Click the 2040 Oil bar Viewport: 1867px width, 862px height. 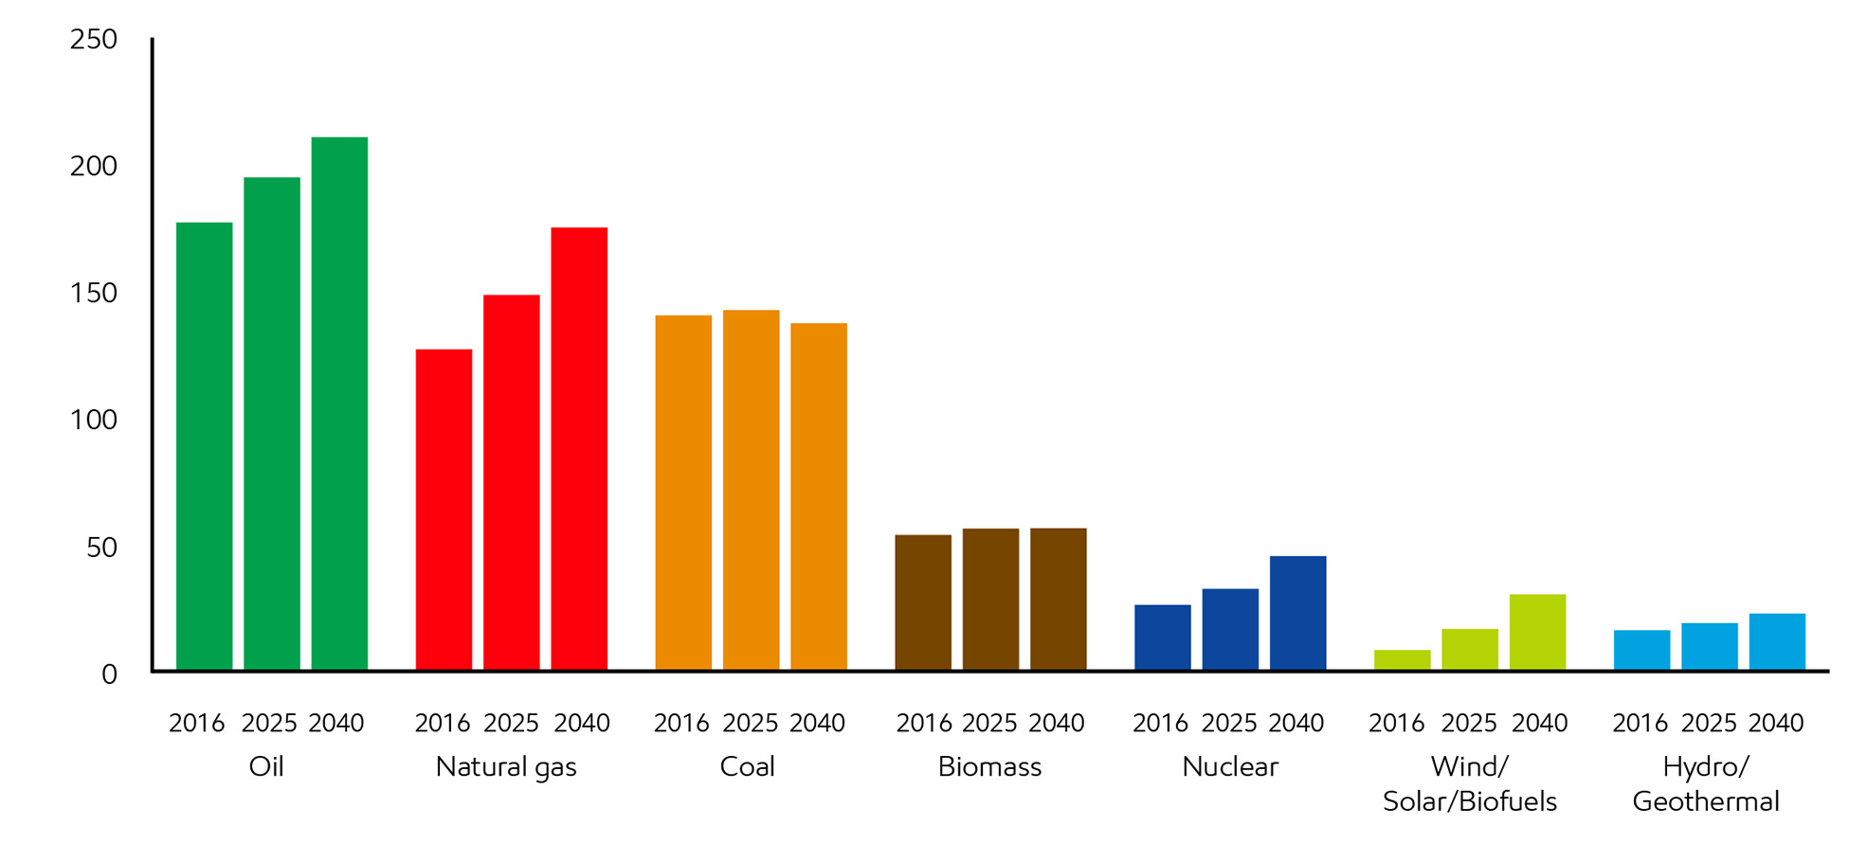tap(339, 404)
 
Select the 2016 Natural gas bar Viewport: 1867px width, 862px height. tap(444, 510)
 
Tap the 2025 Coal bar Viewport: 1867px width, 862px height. tap(751, 490)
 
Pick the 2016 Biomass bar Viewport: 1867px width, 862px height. tap(923, 602)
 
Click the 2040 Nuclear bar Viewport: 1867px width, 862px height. tap(1297, 613)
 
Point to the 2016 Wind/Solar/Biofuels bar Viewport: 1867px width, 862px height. tap(1402, 660)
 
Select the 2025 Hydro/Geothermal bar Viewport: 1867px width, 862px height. tap(1709, 647)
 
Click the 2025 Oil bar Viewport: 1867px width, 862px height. tap(272, 423)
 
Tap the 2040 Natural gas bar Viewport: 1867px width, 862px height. tap(579, 449)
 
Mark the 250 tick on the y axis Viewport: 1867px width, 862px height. tap(94, 40)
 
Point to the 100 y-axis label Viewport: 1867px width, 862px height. tap(94, 420)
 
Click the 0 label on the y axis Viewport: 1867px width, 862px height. tap(109, 674)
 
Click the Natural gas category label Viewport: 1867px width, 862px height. tap(506, 766)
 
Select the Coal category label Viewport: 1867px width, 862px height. tap(747, 766)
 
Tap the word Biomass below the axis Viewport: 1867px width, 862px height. tap(989, 766)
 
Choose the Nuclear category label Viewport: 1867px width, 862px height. tap(1229, 766)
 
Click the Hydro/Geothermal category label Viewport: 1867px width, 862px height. tap(1706, 783)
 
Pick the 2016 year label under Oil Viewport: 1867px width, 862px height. tap(196, 724)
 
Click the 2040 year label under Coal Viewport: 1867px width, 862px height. tap(817, 724)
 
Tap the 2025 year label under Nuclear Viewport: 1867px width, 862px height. tap(1229, 724)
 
